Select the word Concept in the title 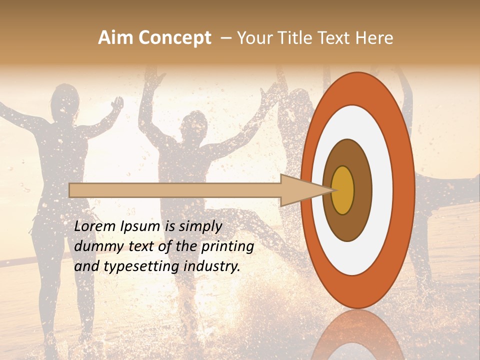coord(174,38)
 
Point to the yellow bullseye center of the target coord(342,190)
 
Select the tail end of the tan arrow coord(70,190)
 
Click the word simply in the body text coord(195,226)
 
